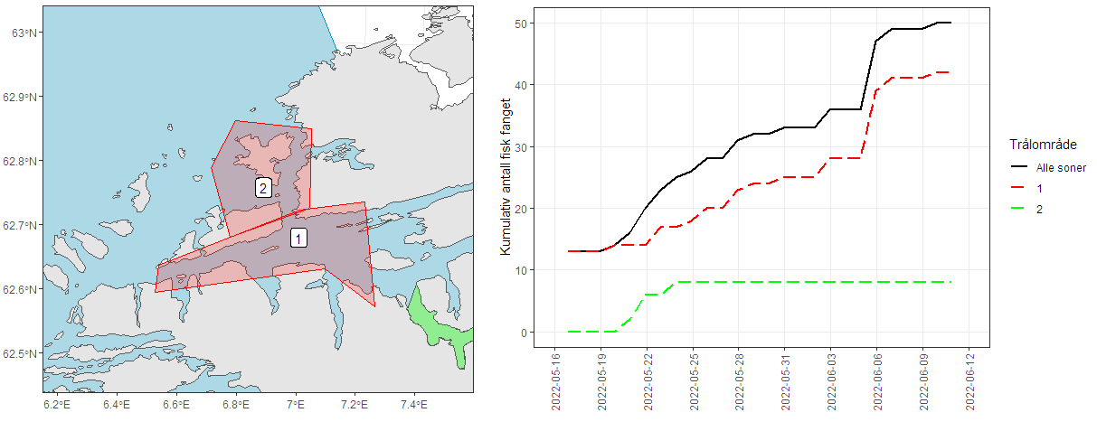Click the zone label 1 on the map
[x=298, y=238]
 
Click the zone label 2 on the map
[x=263, y=188]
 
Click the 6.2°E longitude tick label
[x=58, y=403]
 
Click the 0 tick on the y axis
[x=525, y=333]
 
